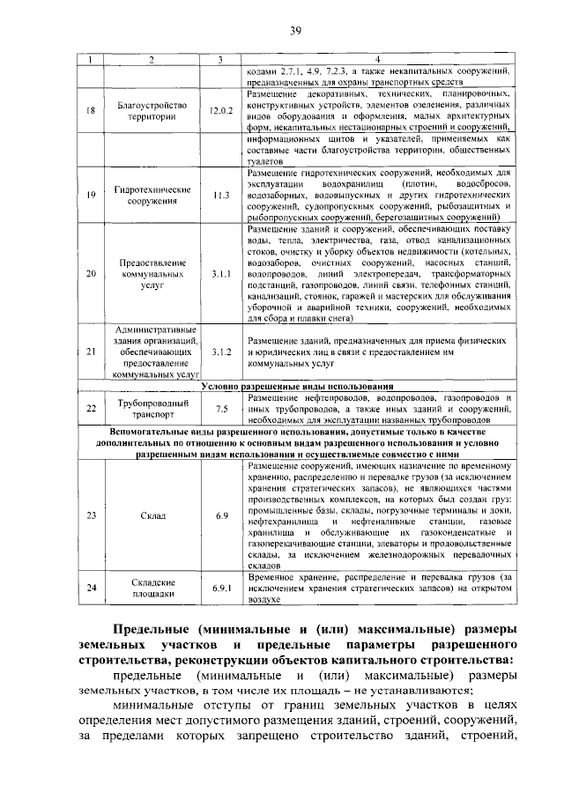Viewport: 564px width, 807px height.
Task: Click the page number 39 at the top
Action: (296, 32)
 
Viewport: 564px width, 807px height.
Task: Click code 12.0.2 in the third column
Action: (220, 112)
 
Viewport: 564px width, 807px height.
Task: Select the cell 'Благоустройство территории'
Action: (152, 112)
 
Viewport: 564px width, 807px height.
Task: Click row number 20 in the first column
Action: (90, 275)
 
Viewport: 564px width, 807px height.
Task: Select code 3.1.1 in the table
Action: (220, 275)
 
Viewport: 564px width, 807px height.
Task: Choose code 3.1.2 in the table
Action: (220, 352)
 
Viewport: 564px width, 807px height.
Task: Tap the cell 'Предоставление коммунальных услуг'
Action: (152, 275)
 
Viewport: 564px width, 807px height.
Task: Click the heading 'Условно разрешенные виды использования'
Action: (297, 387)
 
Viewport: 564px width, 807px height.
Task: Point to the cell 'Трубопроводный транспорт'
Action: (152, 409)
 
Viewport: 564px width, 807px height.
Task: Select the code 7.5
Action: (220, 409)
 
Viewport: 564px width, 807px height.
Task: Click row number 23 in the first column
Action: (90, 515)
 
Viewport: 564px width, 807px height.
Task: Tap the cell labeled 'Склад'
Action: (152, 515)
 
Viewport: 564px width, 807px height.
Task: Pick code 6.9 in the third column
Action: (220, 515)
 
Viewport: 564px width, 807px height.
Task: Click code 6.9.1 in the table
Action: (220, 588)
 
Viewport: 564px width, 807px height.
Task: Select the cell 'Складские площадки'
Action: (152, 588)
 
